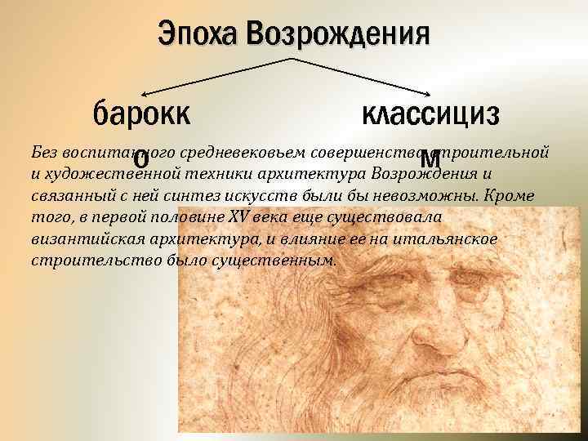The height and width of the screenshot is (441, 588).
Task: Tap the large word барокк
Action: click(142, 111)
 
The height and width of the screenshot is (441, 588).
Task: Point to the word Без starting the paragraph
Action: click(43, 153)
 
